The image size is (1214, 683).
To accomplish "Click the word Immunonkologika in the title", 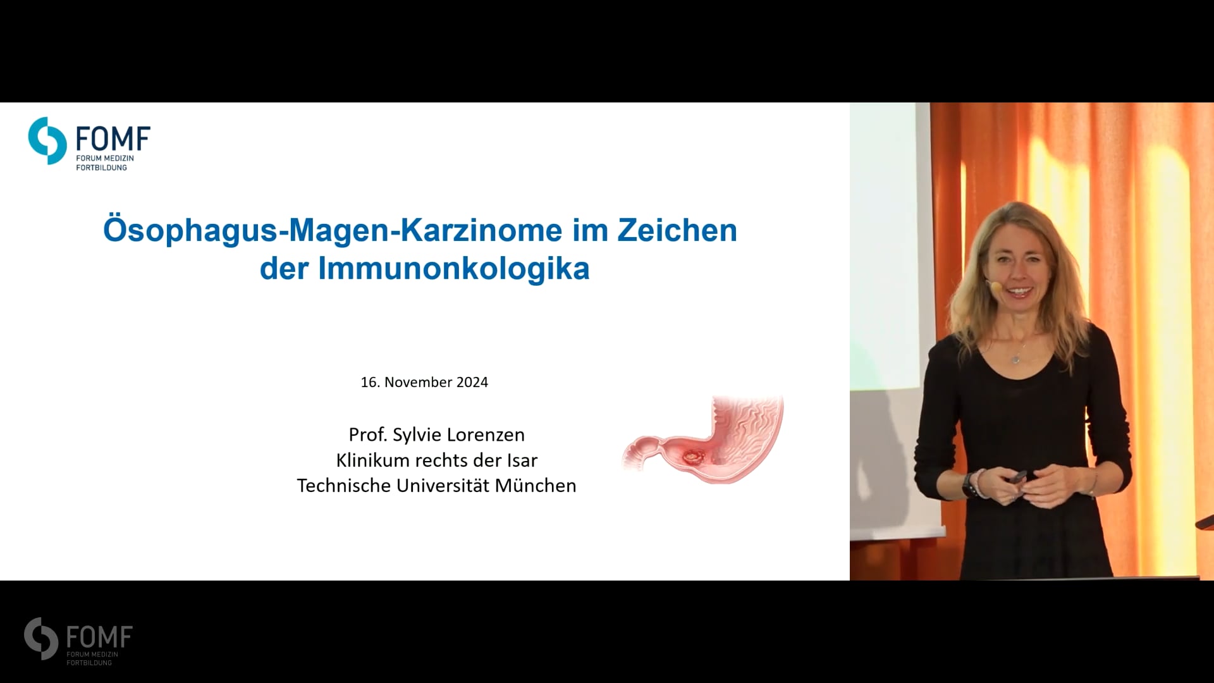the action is click(x=453, y=269).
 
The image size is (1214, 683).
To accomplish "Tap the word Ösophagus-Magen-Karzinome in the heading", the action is click(x=333, y=231).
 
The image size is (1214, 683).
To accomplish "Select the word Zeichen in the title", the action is click(x=677, y=230).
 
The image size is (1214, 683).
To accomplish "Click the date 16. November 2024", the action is click(x=424, y=382).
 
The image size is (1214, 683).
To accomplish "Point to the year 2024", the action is click(x=472, y=382).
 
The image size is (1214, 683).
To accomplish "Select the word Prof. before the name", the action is click(x=367, y=434).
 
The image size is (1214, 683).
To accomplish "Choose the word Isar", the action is click(x=522, y=460).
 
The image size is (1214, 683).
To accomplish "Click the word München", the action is click(x=536, y=485).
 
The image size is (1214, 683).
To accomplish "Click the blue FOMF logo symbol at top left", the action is click(x=47, y=140).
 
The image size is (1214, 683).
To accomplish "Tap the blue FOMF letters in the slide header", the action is click(x=113, y=138).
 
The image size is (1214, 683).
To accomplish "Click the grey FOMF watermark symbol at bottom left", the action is click(x=41, y=639).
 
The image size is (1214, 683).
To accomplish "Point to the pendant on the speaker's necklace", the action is click(x=1015, y=359).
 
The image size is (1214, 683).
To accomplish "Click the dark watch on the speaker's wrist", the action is click(x=969, y=486).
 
